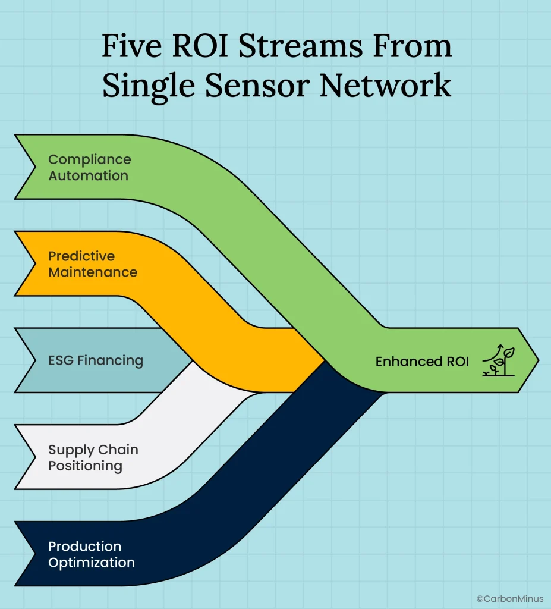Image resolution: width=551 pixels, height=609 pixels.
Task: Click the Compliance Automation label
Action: [89, 168]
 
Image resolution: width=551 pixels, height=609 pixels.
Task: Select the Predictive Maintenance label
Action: [92, 265]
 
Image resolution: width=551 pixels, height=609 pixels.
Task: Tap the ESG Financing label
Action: [95, 360]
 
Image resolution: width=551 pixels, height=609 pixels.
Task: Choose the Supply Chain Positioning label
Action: [93, 458]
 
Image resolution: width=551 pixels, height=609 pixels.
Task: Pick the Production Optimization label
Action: [91, 554]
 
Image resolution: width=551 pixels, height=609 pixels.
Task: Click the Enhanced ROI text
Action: [422, 362]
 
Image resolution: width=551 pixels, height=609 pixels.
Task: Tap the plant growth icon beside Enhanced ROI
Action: [498, 362]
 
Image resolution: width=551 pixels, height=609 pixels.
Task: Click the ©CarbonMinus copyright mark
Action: [509, 598]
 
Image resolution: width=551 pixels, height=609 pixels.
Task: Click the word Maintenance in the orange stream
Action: [92, 273]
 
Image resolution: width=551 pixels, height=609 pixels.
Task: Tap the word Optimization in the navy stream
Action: [91, 563]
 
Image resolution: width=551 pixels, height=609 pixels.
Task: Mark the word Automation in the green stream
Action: [88, 176]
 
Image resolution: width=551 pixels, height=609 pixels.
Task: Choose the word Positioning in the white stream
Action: [85, 466]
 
